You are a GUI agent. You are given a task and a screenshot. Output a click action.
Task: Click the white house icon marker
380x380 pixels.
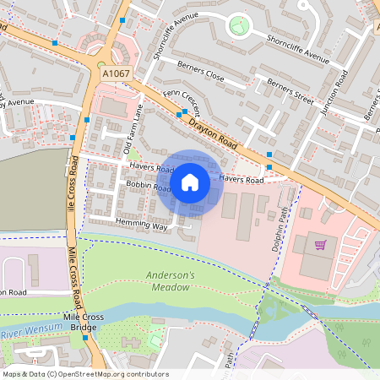click(x=190, y=182)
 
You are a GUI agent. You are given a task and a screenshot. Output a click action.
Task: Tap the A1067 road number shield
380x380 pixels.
click(x=116, y=75)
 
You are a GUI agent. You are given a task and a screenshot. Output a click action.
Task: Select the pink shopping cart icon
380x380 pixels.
click(x=320, y=245)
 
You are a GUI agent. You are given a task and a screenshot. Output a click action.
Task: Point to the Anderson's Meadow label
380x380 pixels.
click(x=170, y=281)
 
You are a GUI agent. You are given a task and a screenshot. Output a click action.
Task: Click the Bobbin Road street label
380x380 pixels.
click(x=149, y=186)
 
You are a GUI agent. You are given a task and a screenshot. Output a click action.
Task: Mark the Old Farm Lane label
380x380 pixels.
click(x=133, y=136)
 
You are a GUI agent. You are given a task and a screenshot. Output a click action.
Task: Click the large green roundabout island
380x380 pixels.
click(x=240, y=25)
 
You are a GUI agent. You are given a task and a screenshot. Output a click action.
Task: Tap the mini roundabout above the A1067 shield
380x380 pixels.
click(x=101, y=63)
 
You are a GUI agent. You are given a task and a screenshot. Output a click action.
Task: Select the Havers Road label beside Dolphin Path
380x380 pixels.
click(x=242, y=179)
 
